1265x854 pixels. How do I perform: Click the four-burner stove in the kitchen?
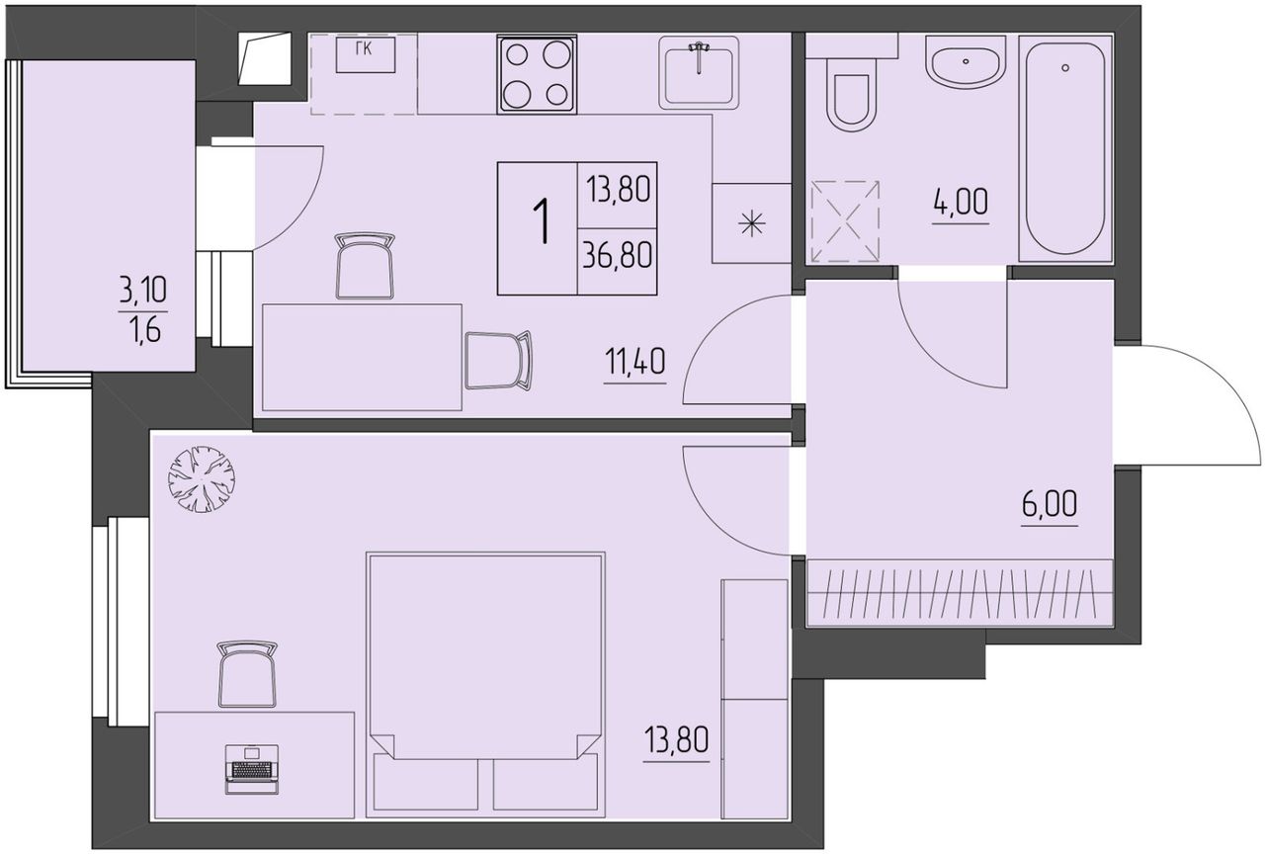pyautogui.click(x=537, y=74)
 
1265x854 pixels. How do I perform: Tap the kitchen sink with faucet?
pyautogui.click(x=699, y=73)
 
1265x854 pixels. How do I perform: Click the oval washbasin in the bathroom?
pyautogui.click(x=966, y=61)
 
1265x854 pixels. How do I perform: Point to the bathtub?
pyautogui.click(x=1065, y=149)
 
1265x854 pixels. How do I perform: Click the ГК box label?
pyautogui.click(x=365, y=49)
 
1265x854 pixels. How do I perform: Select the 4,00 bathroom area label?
pyautogui.click(x=961, y=203)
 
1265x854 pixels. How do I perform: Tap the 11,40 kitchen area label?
pyautogui.click(x=634, y=362)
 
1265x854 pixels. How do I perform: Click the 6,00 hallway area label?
pyautogui.click(x=1050, y=504)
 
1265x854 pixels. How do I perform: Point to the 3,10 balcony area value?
pyautogui.click(x=142, y=291)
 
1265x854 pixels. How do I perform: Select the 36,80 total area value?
pyautogui.click(x=618, y=255)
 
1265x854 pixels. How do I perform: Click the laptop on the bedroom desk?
pyautogui.click(x=252, y=770)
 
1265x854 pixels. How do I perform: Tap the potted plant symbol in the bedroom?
pyautogui.click(x=202, y=479)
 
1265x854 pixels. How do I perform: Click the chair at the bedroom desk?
pyautogui.click(x=247, y=673)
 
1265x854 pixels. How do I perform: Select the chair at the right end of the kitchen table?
pyautogui.click(x=498, y=361)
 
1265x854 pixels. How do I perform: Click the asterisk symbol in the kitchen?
pyautogui.click(x=752, y=224)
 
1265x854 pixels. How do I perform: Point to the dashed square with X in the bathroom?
pyautogui.click(x=845, y=221)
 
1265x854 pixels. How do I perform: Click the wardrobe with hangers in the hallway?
pyautogui.click(x=960, y=592)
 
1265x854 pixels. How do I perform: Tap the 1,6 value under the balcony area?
pyautogui.click(x=144, y=330)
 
